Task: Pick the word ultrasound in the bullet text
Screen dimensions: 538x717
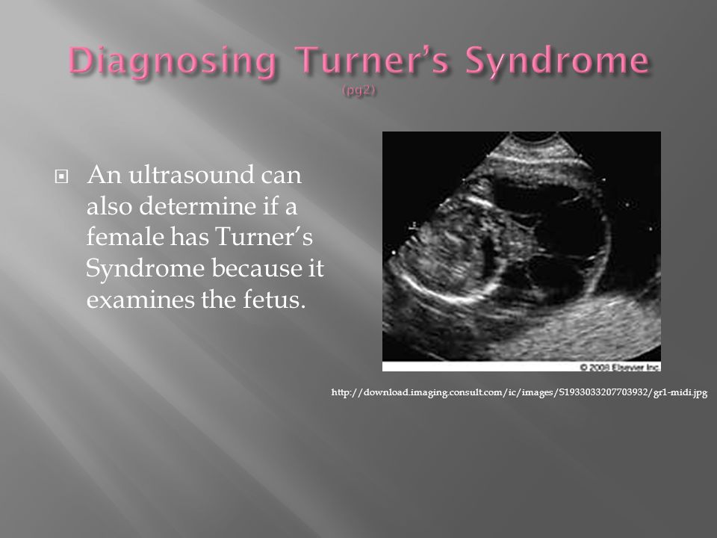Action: coord(193,177)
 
